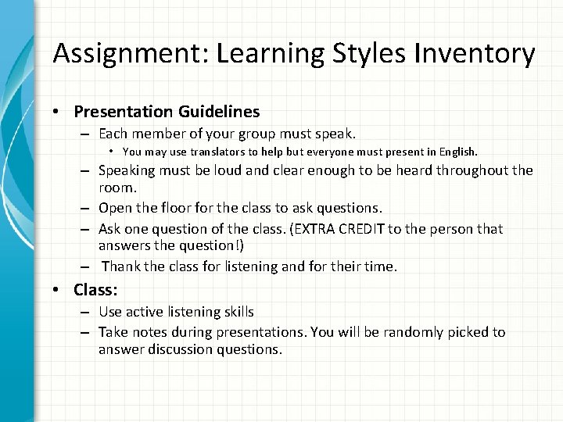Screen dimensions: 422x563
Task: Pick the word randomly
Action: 406,332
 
